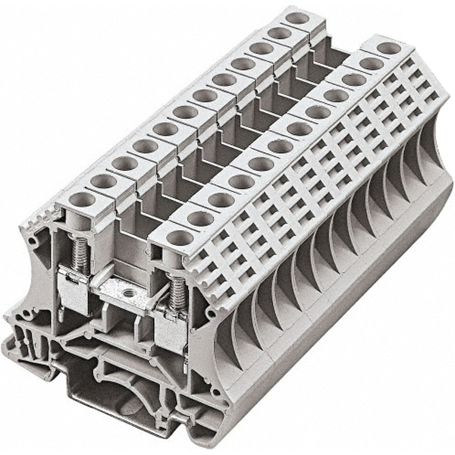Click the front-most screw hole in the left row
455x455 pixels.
[80, 200]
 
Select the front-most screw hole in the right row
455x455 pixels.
[180, 237]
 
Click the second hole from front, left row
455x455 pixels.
[102, 181]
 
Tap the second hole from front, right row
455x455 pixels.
[201, 218]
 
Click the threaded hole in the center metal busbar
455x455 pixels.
[127, 291]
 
